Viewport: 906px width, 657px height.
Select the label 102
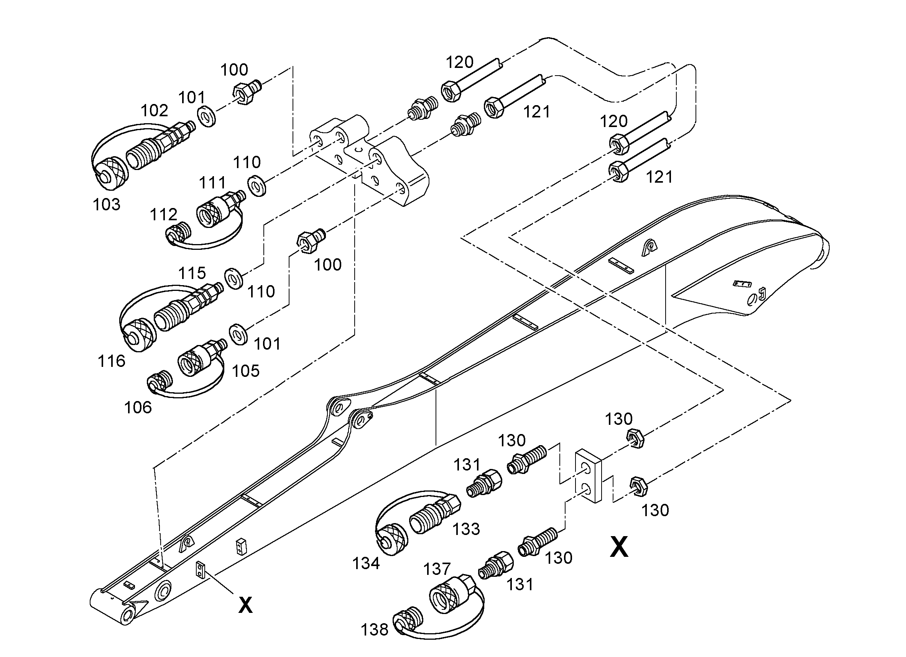(154, 111)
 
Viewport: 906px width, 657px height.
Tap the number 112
(163, 215)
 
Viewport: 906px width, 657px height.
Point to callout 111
(212, 183)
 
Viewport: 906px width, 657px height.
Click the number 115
(192, 273)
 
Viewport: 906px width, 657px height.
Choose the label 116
(112, 361)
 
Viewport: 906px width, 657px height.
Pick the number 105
(246, 371)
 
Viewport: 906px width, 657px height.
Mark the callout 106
(138, 408)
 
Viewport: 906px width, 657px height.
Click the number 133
(466, 529)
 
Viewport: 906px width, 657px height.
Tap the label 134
(366, 563)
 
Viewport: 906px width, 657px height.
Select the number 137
(437, 569)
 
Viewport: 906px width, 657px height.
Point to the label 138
(374, 630)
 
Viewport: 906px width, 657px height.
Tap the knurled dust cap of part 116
(138, 335)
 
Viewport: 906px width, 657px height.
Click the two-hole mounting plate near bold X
(588, 476)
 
